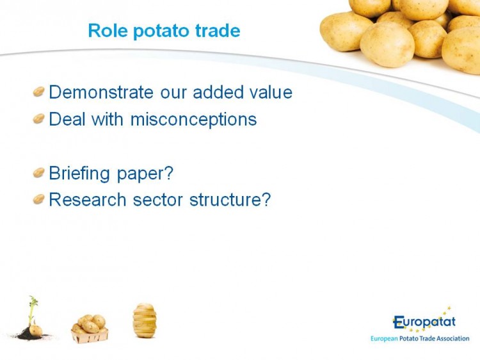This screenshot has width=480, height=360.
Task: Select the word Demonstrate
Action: coord(101,92)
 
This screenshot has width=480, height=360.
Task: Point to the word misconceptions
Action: coord(193,119)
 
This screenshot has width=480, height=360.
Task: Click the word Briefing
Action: coord(79,174)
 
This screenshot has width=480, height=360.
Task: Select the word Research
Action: coord(88,200)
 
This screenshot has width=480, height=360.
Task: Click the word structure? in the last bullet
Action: coord(230,200)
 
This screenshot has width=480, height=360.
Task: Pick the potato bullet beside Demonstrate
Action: coord(39,92)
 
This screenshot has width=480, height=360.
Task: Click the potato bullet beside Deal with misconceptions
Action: coord(39,119)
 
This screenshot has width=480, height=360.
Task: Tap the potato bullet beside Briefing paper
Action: coord(39,172)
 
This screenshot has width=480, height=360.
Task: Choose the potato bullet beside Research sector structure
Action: coord(39,199)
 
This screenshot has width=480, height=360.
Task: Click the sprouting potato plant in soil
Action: coord(32,320)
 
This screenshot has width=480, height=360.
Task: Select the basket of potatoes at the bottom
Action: coord(90,329)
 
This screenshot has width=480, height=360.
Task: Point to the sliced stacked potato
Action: coord(145,320)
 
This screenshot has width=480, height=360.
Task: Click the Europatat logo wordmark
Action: coord(424,322)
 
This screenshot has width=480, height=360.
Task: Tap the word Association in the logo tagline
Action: coord(452,339)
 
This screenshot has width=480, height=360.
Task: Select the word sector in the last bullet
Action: coord(158,200)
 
